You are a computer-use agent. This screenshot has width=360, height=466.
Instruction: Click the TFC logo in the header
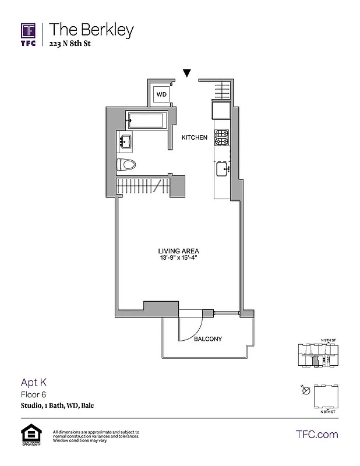coord(29,35)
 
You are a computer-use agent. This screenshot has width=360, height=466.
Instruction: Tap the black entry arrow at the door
coord(186,73)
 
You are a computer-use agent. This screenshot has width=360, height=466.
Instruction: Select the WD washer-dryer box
coord(161,94)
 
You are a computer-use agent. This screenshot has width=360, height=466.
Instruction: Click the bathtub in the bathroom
coord(146,121)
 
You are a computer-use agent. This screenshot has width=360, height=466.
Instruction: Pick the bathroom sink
coord(126,140)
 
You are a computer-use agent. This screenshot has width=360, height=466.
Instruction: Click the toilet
coord(126,165)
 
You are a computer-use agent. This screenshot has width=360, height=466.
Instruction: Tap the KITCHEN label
coord(194,138)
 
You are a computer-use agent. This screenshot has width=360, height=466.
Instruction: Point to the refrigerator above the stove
coord(222,111)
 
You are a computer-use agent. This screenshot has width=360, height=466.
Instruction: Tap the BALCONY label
coord(208,338)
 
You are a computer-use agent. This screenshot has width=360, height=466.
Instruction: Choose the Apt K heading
coord(33,383)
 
